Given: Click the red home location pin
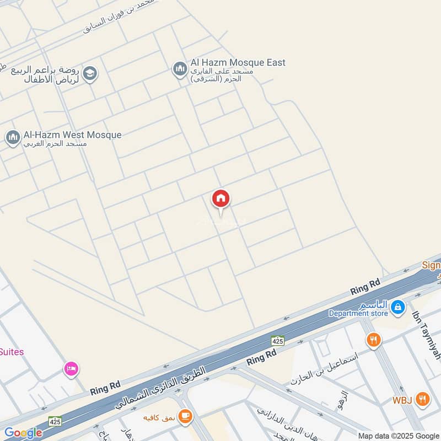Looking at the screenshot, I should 220,199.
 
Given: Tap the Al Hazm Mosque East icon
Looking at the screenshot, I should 180,69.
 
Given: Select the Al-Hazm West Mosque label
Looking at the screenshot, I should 72,135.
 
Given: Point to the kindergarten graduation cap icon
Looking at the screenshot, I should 90,72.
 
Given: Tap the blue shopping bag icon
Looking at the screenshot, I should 397,308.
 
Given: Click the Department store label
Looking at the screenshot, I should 358,314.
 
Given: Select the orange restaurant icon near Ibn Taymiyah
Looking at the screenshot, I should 373,340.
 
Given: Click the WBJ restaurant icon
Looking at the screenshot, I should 423,399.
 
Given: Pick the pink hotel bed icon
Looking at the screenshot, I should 71,368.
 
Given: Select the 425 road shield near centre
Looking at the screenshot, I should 277,341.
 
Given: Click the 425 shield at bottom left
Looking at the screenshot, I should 55,421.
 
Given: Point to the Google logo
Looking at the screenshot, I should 23,433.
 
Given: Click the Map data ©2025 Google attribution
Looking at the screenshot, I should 399,435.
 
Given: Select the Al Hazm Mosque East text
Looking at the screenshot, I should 238,62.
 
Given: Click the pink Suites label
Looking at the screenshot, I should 12,352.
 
